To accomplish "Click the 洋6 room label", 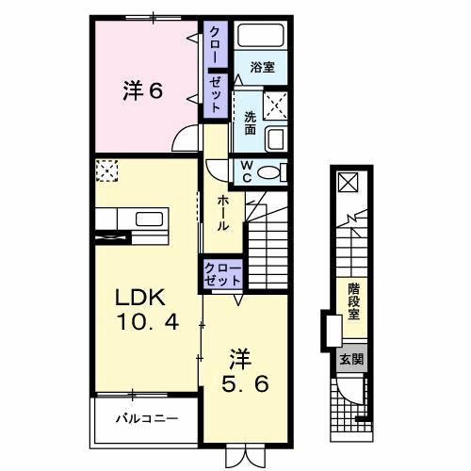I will [x=142, y=91].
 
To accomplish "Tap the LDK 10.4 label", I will [x=141, y=309].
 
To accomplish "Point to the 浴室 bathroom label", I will [x=262, y=68].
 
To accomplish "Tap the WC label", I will [x=244, y=171].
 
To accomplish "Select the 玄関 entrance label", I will [x=349, y=358].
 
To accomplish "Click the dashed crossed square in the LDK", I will [x=106, y=171].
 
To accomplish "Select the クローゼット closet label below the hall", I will [x=223, y=275].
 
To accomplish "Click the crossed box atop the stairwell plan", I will [x=348, y=182].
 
